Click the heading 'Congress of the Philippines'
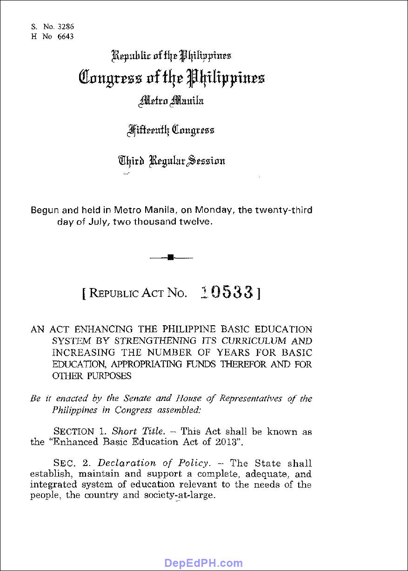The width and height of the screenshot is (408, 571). point(172,77)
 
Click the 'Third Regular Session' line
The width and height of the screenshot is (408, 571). point(172,161)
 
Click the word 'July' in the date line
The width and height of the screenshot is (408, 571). point(114,222)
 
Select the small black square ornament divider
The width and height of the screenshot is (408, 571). point(171,257)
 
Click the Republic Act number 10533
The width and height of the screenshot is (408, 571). point(227,292)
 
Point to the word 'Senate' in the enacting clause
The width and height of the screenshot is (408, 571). point(137,399)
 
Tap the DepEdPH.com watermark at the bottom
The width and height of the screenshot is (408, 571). point(204,564)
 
